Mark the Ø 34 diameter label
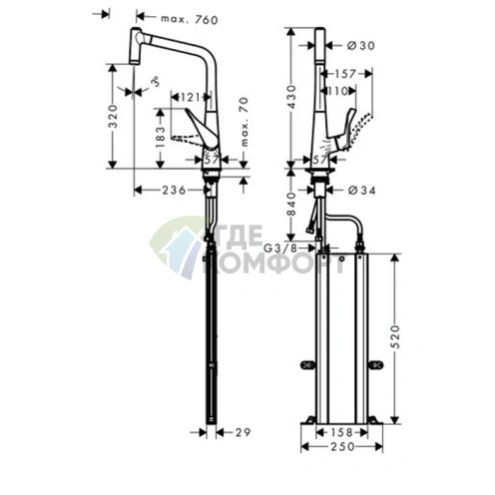click(362, 189)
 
